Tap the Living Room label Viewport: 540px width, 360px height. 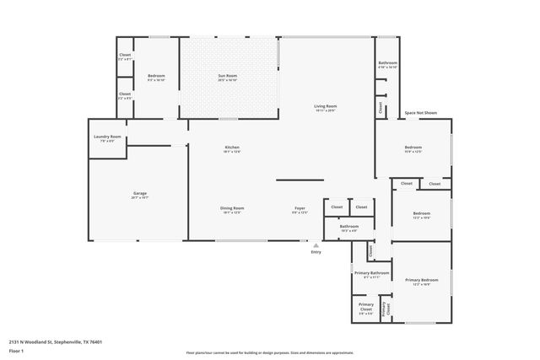325,106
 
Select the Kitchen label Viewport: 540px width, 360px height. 232,148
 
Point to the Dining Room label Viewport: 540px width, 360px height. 233,207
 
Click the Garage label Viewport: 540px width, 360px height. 139,193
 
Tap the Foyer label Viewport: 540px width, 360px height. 300,207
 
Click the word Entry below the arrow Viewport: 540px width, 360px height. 316,251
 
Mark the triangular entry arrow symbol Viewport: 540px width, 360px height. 316,244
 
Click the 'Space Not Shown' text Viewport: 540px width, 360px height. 421,112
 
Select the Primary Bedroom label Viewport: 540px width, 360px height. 422,280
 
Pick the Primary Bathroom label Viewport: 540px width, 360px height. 371,273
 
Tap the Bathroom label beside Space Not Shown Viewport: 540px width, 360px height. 387,63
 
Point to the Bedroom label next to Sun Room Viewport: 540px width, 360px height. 156,76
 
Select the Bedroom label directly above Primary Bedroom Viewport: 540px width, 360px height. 422,213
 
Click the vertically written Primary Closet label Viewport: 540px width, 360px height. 385,309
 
